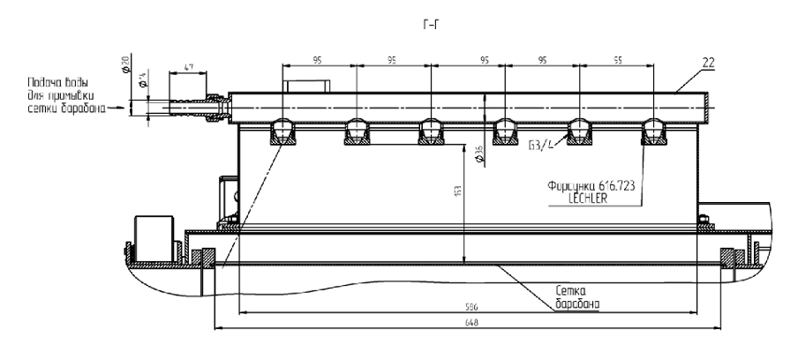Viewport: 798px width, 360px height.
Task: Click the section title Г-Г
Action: tap(430, 24)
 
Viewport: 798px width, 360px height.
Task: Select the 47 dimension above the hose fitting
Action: tap(189, 66)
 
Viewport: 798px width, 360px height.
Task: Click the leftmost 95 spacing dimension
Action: tap(319, 61)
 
